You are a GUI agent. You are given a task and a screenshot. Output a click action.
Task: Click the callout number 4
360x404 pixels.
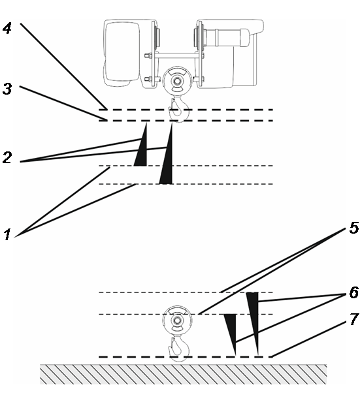pos(7,28)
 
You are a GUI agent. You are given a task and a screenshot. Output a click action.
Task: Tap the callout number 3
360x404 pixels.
pos(7,89)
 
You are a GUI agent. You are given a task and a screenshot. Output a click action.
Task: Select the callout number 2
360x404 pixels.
pos(7,158)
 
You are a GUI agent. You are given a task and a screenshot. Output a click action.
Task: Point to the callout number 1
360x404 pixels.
pos(7,235)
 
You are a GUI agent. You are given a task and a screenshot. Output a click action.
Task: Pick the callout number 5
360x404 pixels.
pos(353,228)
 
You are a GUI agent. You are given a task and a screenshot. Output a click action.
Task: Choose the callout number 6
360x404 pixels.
pos(354,292)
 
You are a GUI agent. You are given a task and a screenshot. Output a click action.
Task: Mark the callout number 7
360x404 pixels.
pos(354,319)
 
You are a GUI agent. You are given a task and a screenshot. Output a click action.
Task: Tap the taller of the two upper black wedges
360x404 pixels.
pos(167,154)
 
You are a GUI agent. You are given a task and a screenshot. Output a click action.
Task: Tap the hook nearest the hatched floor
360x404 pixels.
pos(179,349)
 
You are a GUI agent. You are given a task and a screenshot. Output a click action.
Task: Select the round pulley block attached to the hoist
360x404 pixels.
pos(177,81)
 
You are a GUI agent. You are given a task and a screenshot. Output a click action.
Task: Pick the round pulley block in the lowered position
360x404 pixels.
pos(177,320)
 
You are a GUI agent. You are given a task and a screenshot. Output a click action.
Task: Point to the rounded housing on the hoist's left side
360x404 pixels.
pos(122,53)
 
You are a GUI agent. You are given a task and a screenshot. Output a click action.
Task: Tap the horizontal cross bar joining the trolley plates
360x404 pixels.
pos(177,55)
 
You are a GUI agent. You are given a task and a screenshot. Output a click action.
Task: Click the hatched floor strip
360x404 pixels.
pos(184,374)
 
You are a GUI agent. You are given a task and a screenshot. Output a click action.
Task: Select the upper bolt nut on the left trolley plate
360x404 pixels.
pos(148,55)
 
